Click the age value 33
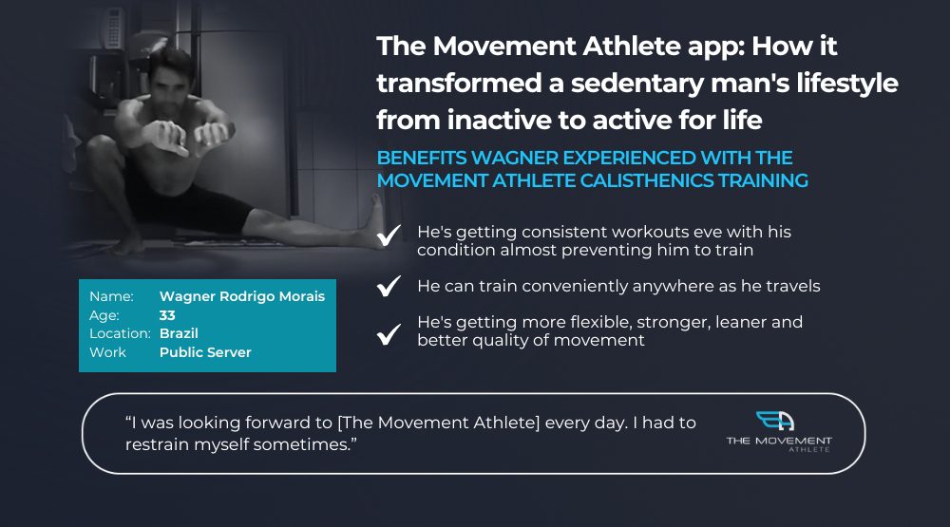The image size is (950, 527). click(x=167, y=315)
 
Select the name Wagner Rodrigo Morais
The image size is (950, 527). click(x=242, y=296)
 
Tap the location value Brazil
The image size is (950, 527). click(x=179, y=333)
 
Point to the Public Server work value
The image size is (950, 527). click(x=205, y=352)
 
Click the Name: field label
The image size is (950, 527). click(x=111, y=296)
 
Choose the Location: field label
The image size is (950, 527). click(x=120, y=333)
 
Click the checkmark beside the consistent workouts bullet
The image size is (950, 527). click(x=389, y=235)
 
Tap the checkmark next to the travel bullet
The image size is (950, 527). click(x=389, y=285)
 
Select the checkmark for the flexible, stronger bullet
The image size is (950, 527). click(x=389, y=333)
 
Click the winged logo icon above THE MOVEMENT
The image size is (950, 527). click(x=775, y=421)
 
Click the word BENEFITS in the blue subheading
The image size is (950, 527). click(x=422, y=158)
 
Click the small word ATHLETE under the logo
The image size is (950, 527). click(x=809, y=450)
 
